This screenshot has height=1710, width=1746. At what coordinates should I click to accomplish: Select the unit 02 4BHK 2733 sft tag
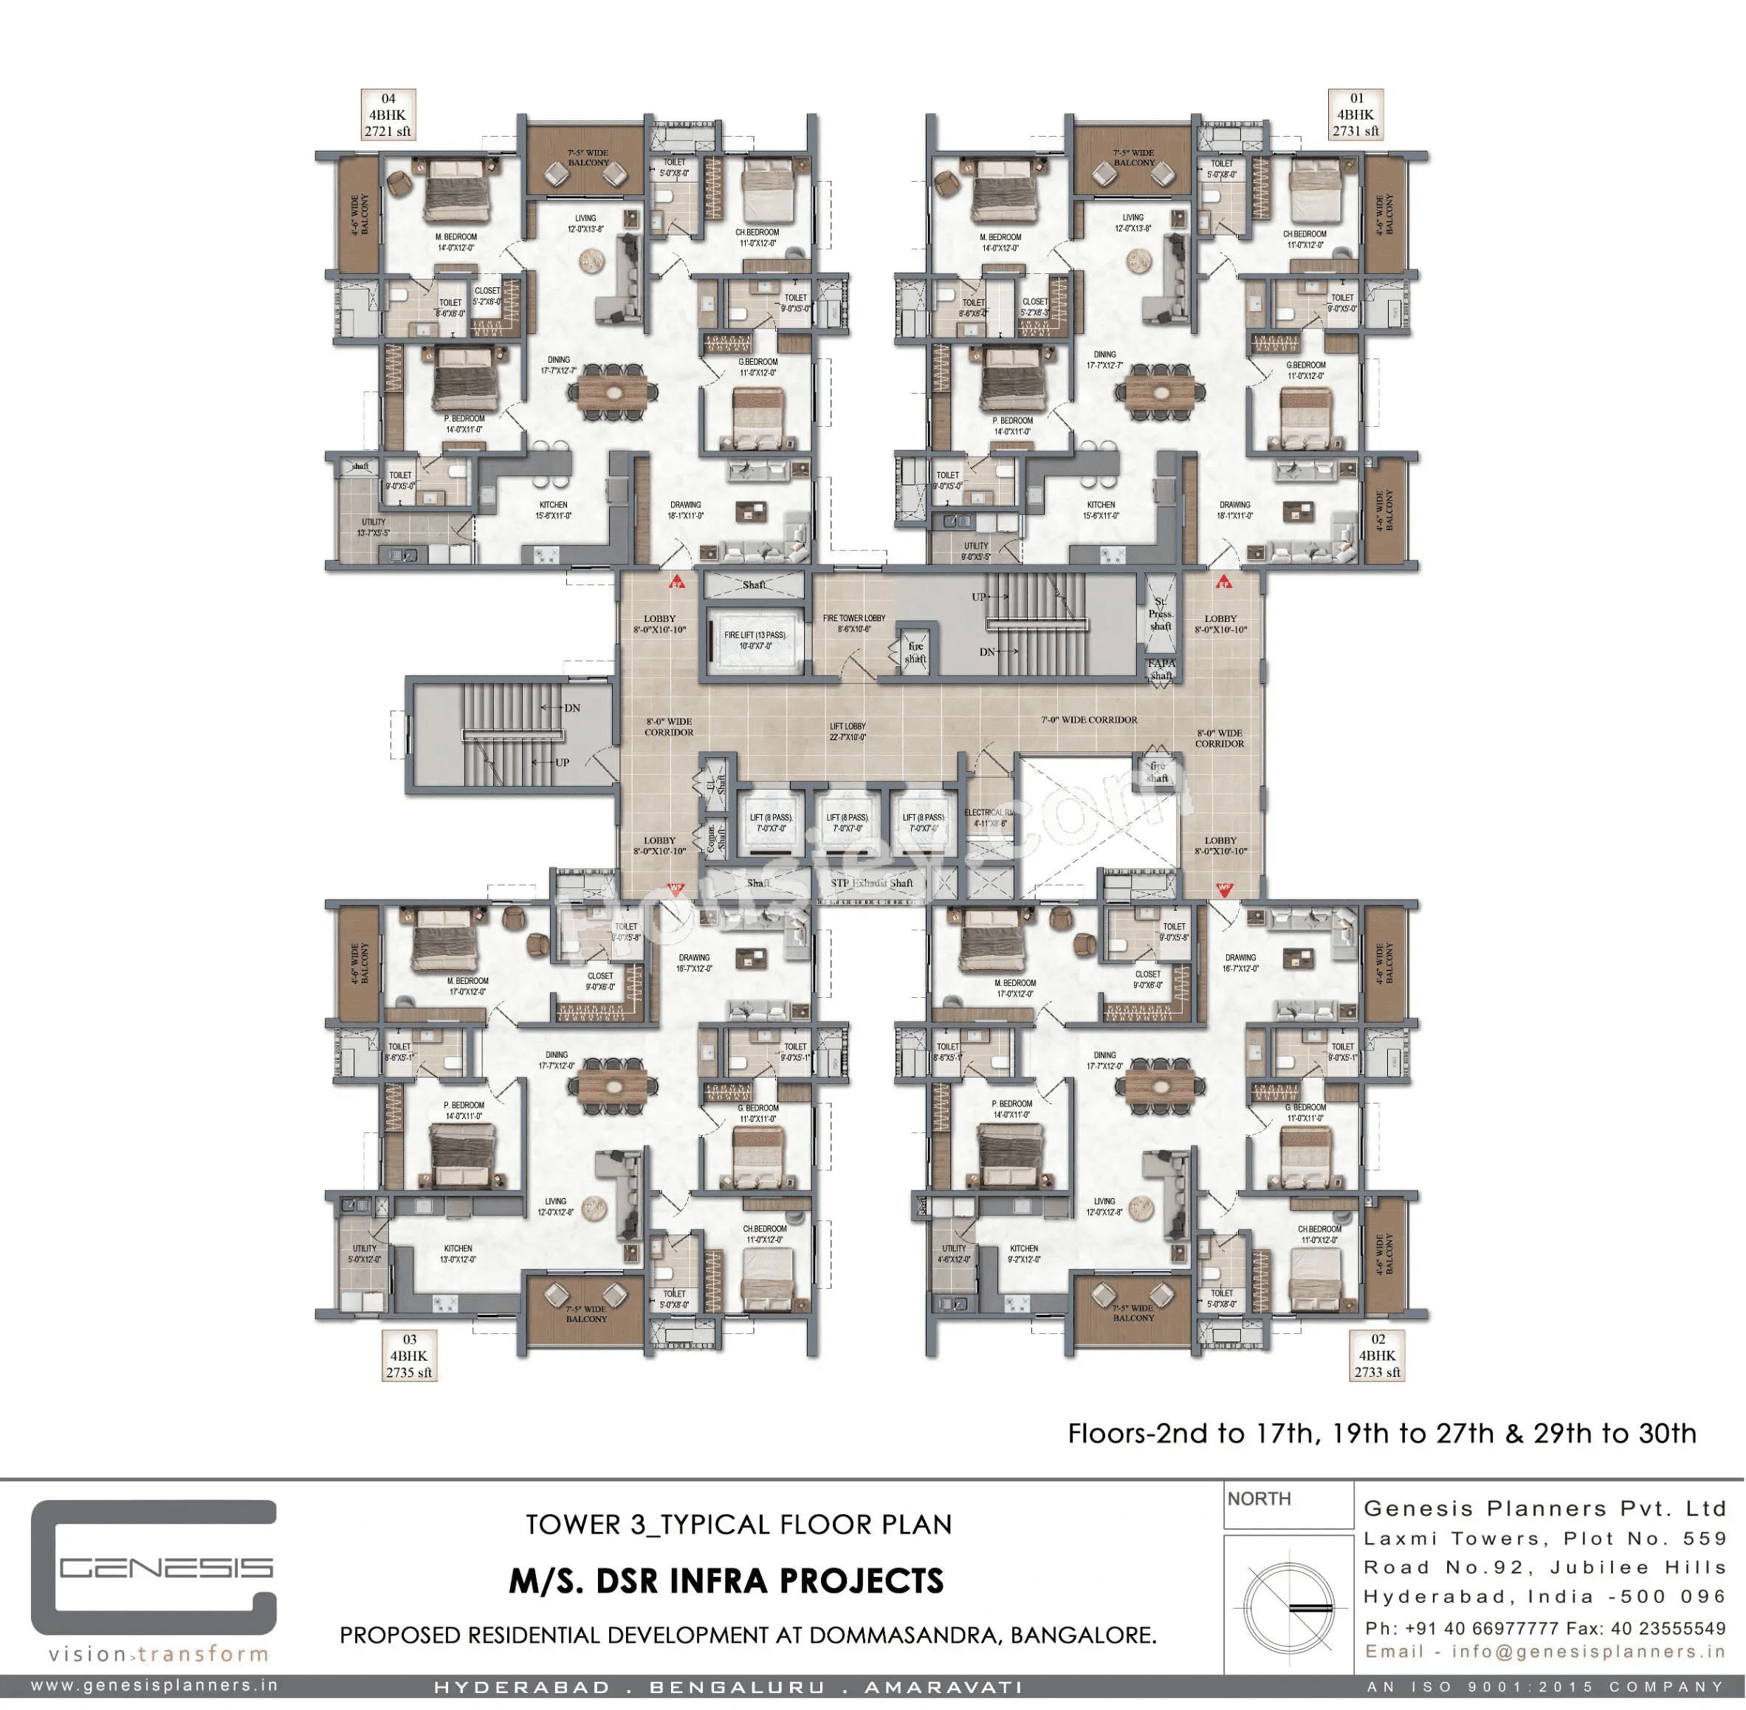tap(1376, 1356)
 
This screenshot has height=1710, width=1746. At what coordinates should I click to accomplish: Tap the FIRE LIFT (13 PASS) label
tap(755, 640)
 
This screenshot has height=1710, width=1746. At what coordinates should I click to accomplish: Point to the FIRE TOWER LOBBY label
tap(853, 623)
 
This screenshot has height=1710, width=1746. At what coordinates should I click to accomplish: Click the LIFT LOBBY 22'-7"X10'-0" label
tap(847, 732)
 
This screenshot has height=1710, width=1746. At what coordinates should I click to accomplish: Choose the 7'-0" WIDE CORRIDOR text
tap(1089, 720)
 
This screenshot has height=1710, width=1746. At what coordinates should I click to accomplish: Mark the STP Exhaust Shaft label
tap(870, 883)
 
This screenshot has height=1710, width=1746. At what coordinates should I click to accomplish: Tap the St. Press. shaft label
tap(1160, 615)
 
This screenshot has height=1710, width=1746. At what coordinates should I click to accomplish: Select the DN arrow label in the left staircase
tap(571, 708)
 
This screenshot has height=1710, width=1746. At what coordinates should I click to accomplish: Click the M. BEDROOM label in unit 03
tap(467, 986)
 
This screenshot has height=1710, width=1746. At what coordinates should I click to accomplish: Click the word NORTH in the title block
tap(1259, 1499)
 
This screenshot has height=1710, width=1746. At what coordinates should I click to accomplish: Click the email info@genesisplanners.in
tap(1544, 1652)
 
